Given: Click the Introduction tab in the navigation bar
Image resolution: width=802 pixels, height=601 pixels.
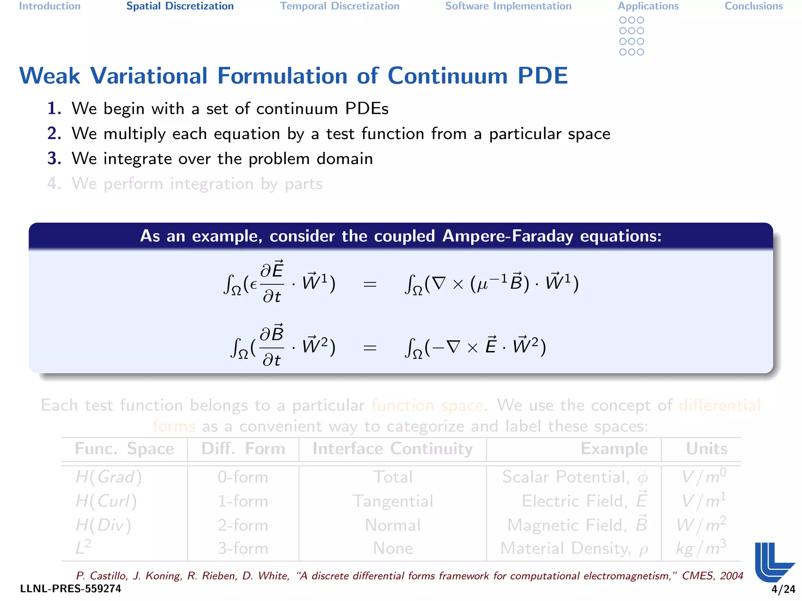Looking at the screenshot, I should click(x=50, y=6).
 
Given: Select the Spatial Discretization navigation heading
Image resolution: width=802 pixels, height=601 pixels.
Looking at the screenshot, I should click(x=180, y=6).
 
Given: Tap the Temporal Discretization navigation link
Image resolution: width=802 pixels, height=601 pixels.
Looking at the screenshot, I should click(x=340, y=6).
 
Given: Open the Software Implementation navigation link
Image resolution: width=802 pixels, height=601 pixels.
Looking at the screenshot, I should click(x=508, y=6).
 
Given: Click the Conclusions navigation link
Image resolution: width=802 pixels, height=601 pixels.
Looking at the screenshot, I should click(x=753, y=6).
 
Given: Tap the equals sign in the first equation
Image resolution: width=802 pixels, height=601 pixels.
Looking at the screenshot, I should click(x=370, y=284).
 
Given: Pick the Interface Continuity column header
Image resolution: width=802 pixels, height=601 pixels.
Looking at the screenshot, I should click(x=392, y=449).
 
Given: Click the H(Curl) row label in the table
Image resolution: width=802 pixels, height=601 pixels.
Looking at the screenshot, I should click(x=106, y=501).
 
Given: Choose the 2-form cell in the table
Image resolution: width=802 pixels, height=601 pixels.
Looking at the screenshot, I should click(x=243, y=525).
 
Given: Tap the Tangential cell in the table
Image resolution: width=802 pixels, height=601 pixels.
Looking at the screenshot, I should click(x=393, y=501).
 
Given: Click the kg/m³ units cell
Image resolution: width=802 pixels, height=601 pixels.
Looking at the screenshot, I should click(x=701, y=548).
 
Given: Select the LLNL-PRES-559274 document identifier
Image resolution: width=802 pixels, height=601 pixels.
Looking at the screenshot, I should click(x=70, y=589).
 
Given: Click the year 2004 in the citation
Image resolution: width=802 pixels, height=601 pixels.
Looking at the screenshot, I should click(x=732, y=576).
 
